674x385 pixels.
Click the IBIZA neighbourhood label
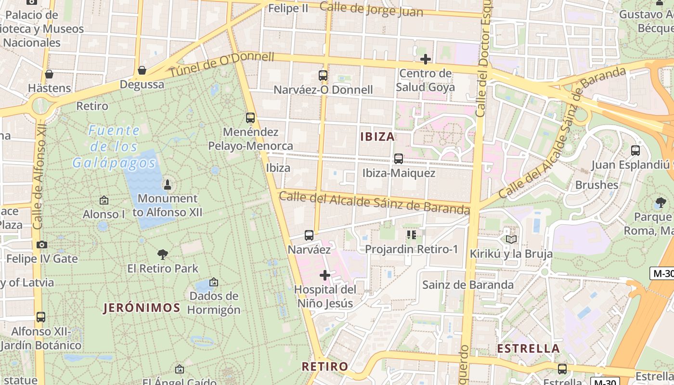[377, 137]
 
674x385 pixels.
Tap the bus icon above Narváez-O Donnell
[323, 76]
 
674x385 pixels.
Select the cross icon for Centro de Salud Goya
[425, 59]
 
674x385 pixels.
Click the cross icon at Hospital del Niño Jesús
[325, 275]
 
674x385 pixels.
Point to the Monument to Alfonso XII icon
[168, 184]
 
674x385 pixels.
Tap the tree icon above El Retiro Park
[163, 254]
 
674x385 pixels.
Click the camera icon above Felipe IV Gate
[42, 244]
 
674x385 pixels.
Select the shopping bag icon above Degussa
[142, 70]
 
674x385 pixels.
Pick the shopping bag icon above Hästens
[49, 74]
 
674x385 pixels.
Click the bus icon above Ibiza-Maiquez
[398, 159]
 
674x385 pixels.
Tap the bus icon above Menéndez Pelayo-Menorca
[250, 118]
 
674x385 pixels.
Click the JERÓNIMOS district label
[142, 308]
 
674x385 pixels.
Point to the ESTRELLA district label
[528, 348]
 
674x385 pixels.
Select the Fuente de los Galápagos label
[115, 146]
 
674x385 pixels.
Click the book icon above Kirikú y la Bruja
[511, 239]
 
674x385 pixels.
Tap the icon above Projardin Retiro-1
[411, 235]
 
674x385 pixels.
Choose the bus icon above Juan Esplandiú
[635, 151]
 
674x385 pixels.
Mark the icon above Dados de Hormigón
[213, 282]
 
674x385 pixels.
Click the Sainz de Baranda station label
[468, 284]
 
